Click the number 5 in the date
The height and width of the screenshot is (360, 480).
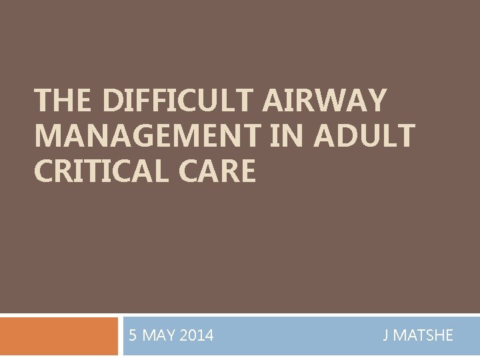coord(133,335)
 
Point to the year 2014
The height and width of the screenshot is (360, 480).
coord(197,335)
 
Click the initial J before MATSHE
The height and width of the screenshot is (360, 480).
coord(385,335)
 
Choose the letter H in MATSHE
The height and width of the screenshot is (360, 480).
coord(437,335)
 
